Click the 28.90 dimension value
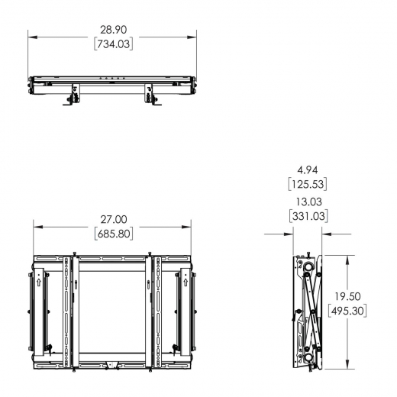tap(112, 29)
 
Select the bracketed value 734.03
tap(112, 44)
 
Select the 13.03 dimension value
tap(307, 202)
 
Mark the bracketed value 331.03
tap(307, 216)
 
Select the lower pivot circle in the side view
tap(308, 356)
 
